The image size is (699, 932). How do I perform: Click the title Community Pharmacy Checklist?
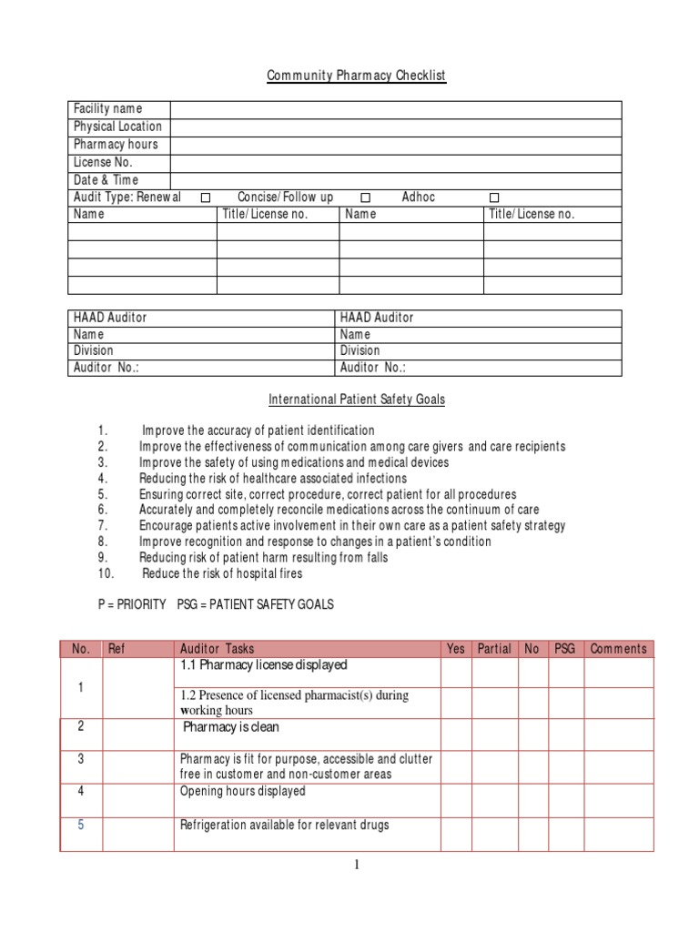tap(356, 76)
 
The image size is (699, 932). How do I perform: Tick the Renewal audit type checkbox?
tap(206, 198)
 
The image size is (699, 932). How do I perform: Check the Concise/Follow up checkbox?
tap(365, 198)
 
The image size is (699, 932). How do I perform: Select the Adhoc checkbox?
tap(494, 198)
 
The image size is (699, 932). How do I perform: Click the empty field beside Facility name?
tap(395, 109)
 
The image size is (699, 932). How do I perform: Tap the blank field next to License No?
tap(395, 163)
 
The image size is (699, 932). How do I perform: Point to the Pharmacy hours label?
tap(116, 145)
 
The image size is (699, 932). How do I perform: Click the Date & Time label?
tap(106, 180)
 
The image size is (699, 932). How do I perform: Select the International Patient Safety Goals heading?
tap(356, 400)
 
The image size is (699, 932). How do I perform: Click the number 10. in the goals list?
tap(106, 574)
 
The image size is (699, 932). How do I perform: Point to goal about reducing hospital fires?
tap(222, 574)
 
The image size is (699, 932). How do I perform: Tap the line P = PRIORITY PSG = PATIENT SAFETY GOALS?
tap(216, 605)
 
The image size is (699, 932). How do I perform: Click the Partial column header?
tap(494, 649)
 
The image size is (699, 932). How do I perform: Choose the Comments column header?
tap(618, 649)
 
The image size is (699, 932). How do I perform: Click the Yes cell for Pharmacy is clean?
tap(456, 734)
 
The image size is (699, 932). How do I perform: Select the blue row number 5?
tap(80, 825)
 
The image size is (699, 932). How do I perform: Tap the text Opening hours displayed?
tap(242, 792)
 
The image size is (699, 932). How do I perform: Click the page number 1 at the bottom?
tap(358, 866)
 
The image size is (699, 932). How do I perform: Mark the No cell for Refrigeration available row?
tap(532, 833)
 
